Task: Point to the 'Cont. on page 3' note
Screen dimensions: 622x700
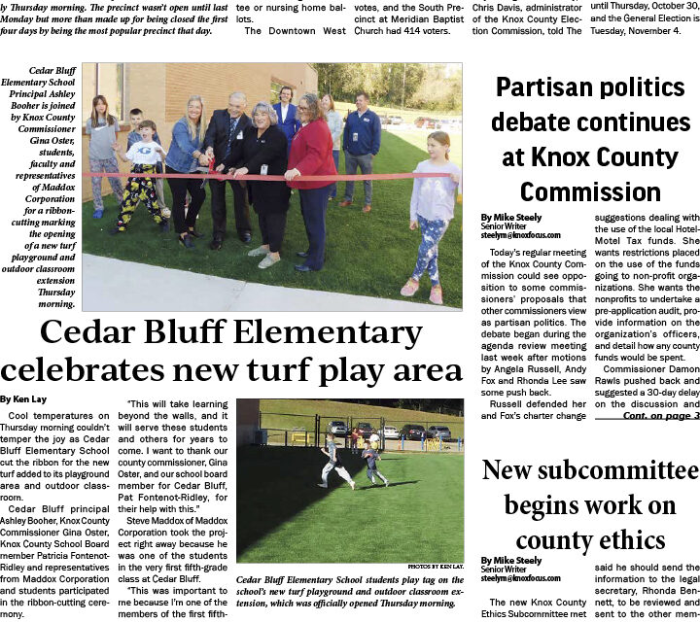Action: click(x=660, y=416)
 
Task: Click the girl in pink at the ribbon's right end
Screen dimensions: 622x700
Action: click(x=432, y=214)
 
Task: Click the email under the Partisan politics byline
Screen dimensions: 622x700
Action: click(x=518, y=234)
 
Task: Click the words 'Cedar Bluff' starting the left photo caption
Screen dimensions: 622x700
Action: click(x=53, y=71)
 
